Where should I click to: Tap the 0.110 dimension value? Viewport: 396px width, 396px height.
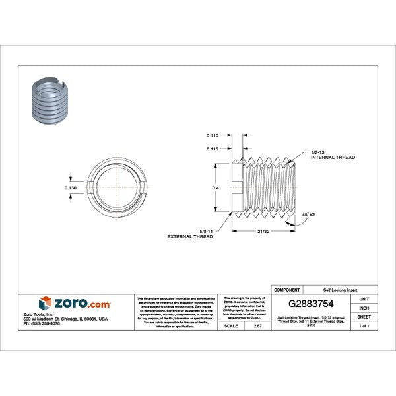(x=213, y=135)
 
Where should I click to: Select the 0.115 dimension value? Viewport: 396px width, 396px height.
(x=213, y=148)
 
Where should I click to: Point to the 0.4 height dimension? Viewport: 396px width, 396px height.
(x=214, y=187)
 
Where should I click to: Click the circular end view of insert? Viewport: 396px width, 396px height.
(x=117, y=188)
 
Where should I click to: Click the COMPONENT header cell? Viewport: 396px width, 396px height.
(x=287, y=290)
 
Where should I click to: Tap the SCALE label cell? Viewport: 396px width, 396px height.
(x=232, y=326)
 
